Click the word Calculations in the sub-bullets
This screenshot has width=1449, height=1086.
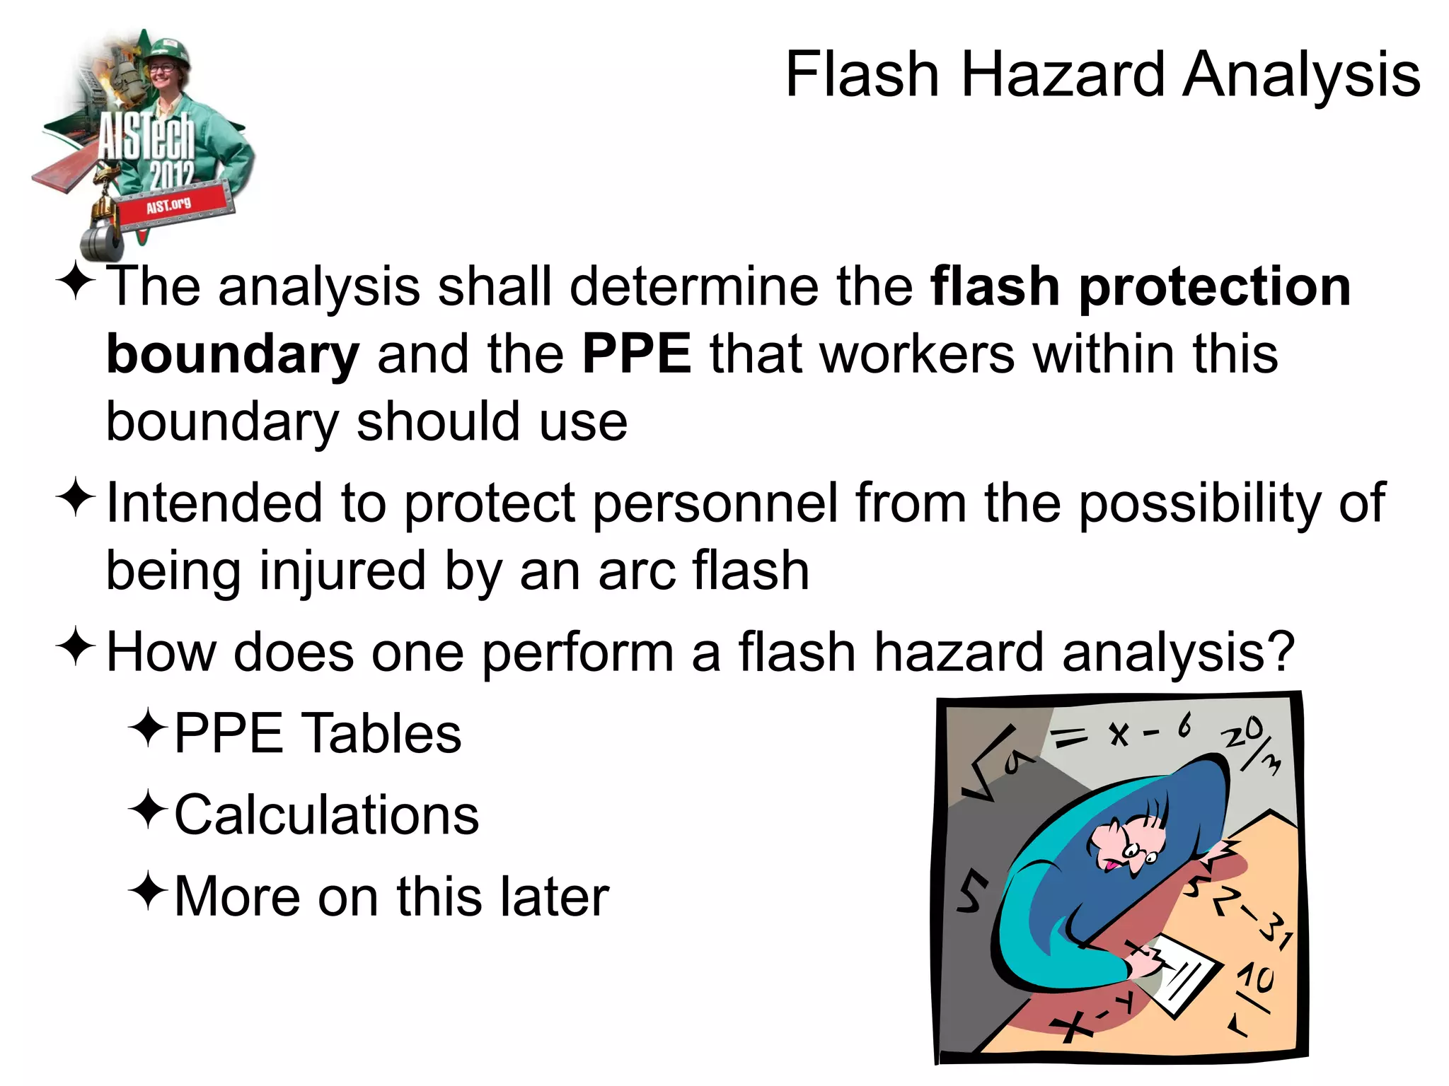(326, 815)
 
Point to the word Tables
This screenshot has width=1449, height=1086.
(382, 734)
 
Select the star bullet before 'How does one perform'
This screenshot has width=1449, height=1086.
(75, 646)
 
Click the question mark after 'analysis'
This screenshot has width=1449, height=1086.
(1281, 652)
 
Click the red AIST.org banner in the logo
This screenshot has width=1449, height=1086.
(170, 206)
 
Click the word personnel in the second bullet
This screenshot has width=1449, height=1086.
(714, 503)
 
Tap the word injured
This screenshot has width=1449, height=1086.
(342, 571)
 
